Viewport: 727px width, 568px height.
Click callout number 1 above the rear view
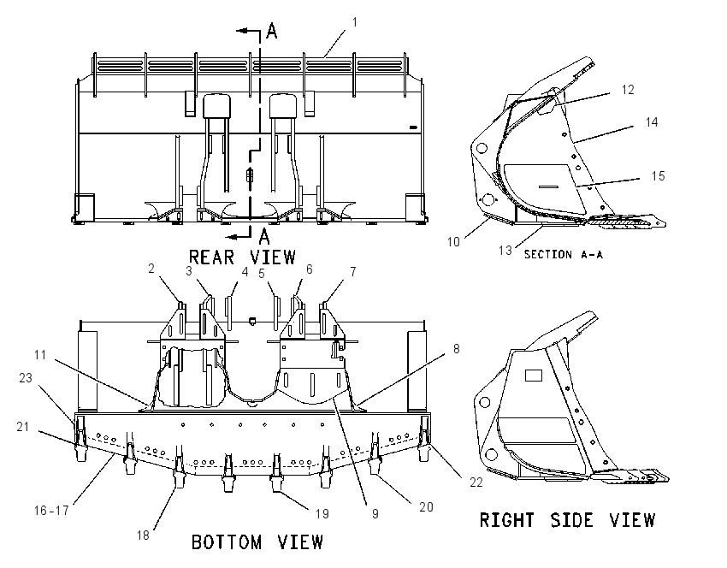click(x=355, y=22)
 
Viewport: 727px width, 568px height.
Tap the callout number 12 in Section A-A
click(x=627, y=90)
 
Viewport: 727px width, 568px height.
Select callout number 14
click(x=652, y=122)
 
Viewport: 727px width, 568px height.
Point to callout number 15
click(x=658, y=176)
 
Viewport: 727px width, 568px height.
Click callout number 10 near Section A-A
click(x=453, y=241)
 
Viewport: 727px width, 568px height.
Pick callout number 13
click(x=505, y=251)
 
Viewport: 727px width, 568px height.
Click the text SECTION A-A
click(x=564, y=255)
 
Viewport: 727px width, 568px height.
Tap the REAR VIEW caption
click(x=242, y=257)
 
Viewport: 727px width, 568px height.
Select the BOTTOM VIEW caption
click(x=257, y=541)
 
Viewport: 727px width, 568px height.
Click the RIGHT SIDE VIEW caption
click(x=567, y=520)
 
